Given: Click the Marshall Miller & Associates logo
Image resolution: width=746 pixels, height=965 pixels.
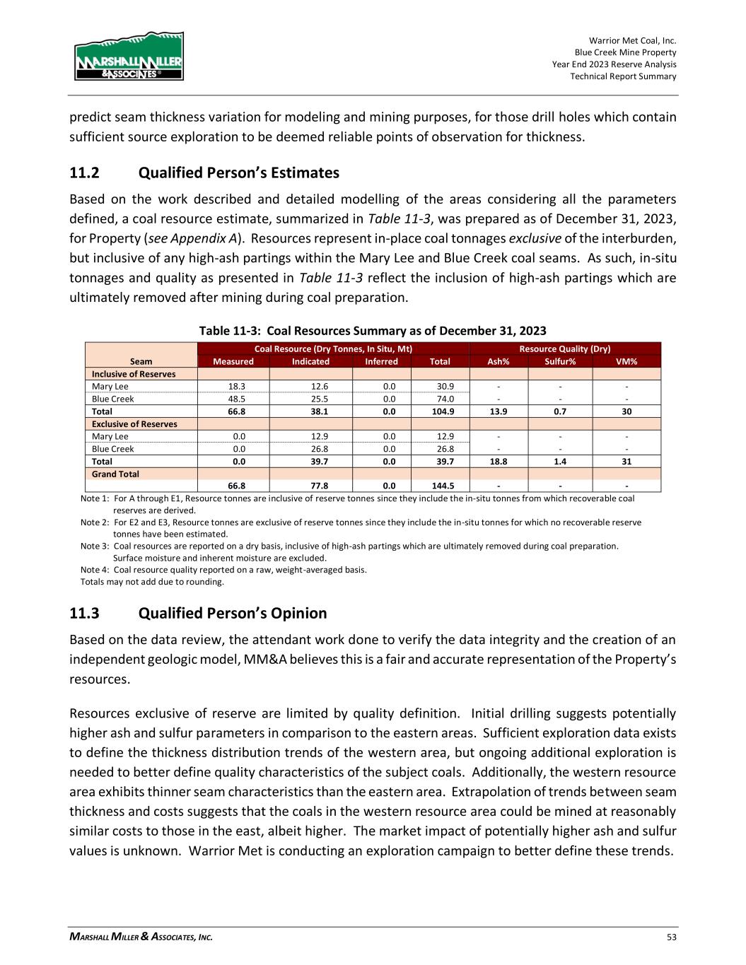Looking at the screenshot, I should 129,56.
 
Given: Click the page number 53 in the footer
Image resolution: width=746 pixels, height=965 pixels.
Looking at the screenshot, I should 671,937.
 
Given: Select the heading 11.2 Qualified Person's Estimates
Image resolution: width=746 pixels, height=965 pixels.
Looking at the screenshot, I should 204,173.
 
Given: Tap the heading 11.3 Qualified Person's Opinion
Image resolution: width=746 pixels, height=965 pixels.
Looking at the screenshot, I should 198,613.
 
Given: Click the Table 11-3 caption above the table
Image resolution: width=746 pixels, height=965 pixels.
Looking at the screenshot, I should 373,331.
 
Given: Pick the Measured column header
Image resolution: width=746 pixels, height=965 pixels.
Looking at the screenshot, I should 233,361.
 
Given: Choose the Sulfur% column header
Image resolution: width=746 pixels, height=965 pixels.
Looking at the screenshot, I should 560,361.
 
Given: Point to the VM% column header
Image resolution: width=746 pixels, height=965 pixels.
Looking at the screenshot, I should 626,361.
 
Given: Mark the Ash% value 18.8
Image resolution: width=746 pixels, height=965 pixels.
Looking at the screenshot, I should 498,462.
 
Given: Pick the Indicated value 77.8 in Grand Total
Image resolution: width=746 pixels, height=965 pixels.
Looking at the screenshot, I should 310,486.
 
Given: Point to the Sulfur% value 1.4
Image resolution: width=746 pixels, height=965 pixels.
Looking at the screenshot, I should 559,462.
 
